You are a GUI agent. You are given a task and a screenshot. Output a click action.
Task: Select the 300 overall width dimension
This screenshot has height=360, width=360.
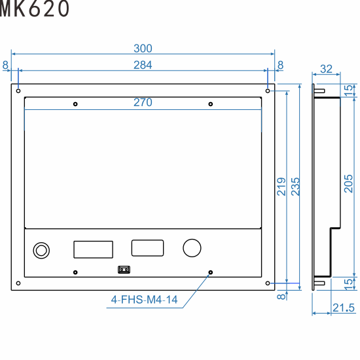pyautogui.click(x=143, y=48)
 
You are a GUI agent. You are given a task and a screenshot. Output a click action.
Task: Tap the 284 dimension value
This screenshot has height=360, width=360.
pyautogui.click(x=143, y=64)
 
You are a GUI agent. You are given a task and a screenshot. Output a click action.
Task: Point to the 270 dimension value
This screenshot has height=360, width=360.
pyautogui.click(x=143, y=103)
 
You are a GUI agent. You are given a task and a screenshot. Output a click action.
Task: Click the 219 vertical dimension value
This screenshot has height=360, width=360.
pyautogui.click(x=280, y=187)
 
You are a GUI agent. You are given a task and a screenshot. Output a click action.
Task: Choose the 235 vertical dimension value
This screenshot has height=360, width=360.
pyautogui.click(x=295, y=187)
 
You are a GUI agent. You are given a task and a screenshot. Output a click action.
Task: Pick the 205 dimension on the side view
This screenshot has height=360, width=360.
pyautogui.click(x=348, y=187)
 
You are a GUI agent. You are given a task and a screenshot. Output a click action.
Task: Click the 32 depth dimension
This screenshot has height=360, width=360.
pyautogui.click(x=327, y=69)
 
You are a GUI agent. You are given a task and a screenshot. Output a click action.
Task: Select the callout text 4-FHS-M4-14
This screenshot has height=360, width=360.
pyautogui.click(x=144, y=300)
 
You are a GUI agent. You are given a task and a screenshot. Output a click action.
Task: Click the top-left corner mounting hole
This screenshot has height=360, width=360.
pyautogui.click(x=18, y=90)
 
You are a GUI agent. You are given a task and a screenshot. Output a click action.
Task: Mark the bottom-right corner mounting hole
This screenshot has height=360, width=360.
pyautogui.click(x=268, y=283)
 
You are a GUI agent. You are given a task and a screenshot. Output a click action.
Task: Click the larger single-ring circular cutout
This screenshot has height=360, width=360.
pyautogui.click(x=192, y=247)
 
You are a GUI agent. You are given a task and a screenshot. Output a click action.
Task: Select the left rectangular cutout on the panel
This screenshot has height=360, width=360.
pyautogui.click(x=93, y=249)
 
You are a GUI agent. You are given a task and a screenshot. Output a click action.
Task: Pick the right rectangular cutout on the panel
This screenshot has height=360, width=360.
pyautogui.click(x=147, y=247)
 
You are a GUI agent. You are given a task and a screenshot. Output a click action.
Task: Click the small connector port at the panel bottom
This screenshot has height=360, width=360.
pyautogui.click(x=123, y=269)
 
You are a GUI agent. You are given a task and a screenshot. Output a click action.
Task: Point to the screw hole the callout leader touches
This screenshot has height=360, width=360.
pyautogui.click(x=210, y=272)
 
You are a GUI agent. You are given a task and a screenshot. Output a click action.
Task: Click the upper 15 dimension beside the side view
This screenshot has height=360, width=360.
pyautogui.click(x=348, y=90)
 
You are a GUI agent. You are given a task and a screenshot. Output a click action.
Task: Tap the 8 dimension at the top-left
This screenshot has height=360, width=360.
pyautogui.click(x=5, y=64)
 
